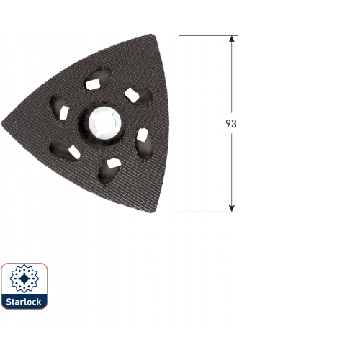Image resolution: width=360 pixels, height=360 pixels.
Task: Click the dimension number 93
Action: pyautogui.click(x=231, y=124)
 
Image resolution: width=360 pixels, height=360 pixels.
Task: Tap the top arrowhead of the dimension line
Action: pyautogui.click(x=231, y=39)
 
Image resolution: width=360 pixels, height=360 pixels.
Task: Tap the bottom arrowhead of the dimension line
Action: pyautogui.click(x=231, y=208)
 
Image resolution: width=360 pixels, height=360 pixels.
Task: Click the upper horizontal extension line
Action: pyautogui.click(x=209, y=36)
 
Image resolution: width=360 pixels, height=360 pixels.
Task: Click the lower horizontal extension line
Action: pyautogui.click(x=209, y=212)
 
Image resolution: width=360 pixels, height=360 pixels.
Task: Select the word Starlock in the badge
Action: pyautogui.click(x=24, y=302)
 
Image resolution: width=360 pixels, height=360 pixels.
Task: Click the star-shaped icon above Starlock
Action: pyautogui.click(x=24, y=279)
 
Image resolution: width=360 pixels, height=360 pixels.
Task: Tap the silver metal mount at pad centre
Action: pyautogui.click(x=104, y=123)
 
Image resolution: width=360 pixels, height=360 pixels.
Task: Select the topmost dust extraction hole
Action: pyautogui.click(x=98, y=78)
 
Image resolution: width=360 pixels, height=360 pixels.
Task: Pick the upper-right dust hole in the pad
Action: pyautogui.click(x=139, y=96)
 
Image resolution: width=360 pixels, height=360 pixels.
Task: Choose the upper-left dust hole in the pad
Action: pyautogui.click(x=59, y=107)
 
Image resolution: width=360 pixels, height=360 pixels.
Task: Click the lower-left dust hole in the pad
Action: pyautogui.click(x=64, y=150)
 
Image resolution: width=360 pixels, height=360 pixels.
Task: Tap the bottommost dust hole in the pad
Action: pyautogui.click(x=109, y=171)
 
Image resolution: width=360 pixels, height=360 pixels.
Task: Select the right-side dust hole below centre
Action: pyautogui.click(x=144, y=144)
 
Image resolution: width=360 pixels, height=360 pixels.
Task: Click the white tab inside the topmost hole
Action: pyautogui.click(x=93, y=84)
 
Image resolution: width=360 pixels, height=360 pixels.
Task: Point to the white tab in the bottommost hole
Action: pyautogui.click(x=114, y=163)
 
